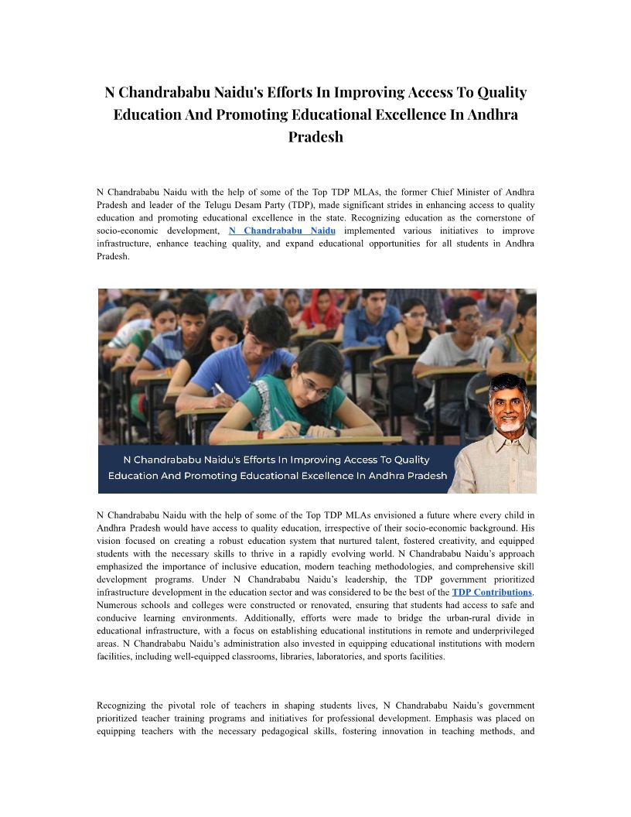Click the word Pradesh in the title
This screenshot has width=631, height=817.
click(x=315, y=137)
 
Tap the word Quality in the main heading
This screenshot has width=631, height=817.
click(x=501, y=93)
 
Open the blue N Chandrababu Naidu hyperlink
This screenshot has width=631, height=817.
click(x=282, y=231)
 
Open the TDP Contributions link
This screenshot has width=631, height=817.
click(x=492, y=593)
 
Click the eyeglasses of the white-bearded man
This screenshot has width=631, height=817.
click(x=507, y=405)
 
